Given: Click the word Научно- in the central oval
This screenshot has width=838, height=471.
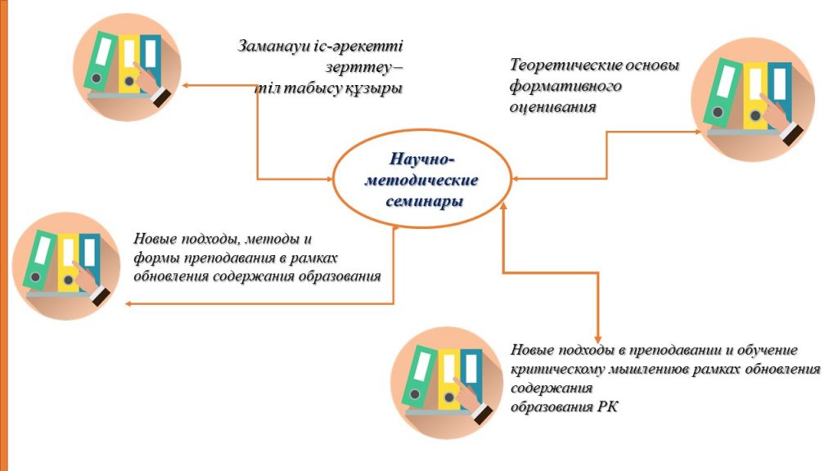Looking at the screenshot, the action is pyautogui.click(x=422, y=159).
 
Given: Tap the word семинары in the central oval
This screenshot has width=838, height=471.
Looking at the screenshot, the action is pyautogui.click(x=425, y=202).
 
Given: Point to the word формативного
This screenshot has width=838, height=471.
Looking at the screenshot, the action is pyautogui.click(x=565, y=86).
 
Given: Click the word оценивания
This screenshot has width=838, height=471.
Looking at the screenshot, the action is pyautogui.click(x=552, y=107).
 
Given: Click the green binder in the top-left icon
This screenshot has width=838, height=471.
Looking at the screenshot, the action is pyautogui.click(x=100, y=61).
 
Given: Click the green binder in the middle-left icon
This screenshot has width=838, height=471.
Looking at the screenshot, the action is pyautogui.click(x=39, y=261).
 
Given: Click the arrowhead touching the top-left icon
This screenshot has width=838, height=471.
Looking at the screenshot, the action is pyautogui.click(x=186, y=85).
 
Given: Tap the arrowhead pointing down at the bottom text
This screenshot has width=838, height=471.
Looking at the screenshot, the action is pyautogui.click(x=598, y=339).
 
